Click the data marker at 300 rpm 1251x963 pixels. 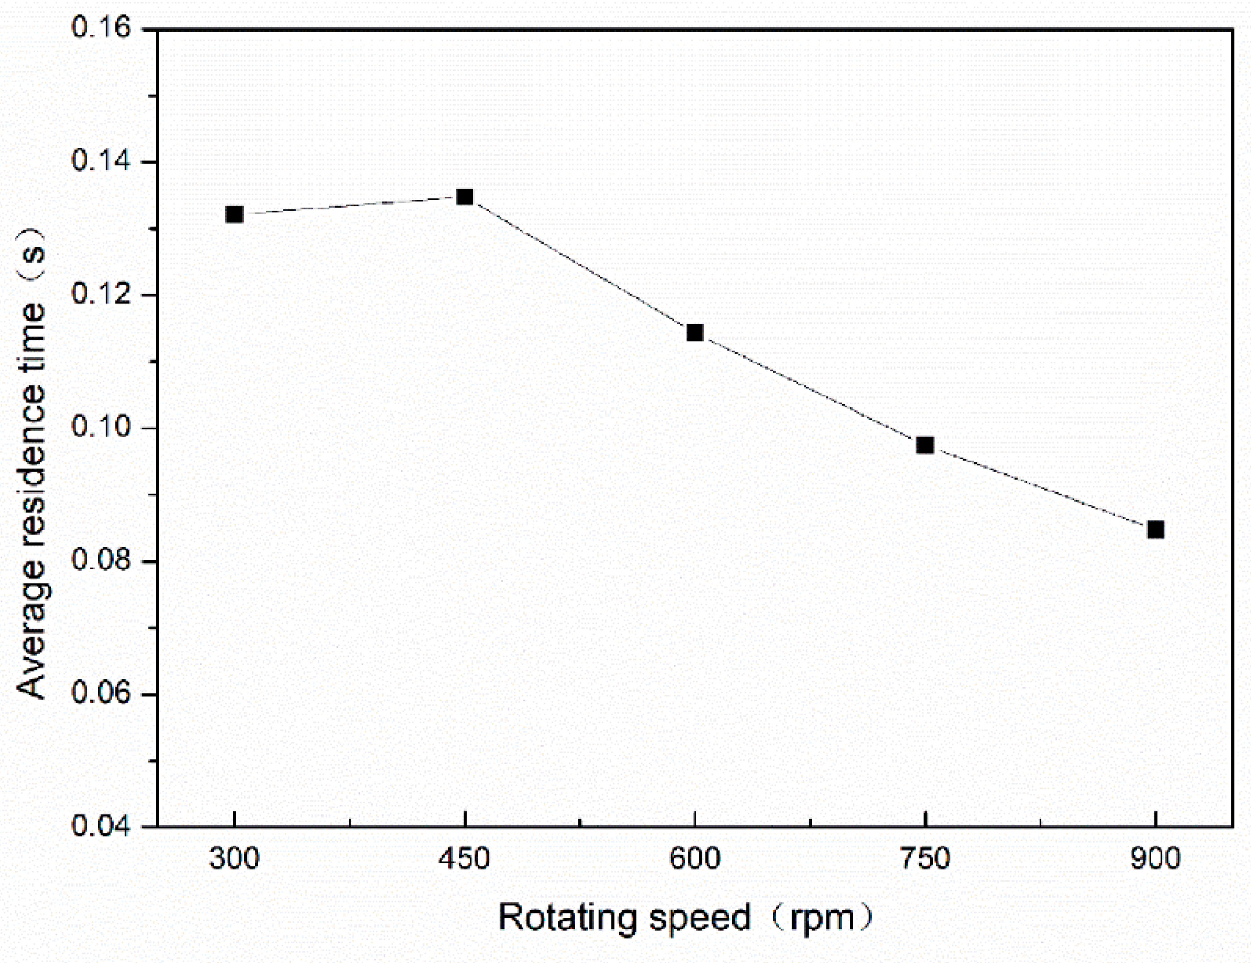[x=234, y=215]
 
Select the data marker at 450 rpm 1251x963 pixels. [x=465, y=197]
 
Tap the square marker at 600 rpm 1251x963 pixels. [x=695, y=333]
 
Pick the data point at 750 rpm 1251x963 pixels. [x=925, y=445]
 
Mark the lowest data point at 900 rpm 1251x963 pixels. [x=1155, y=530]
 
